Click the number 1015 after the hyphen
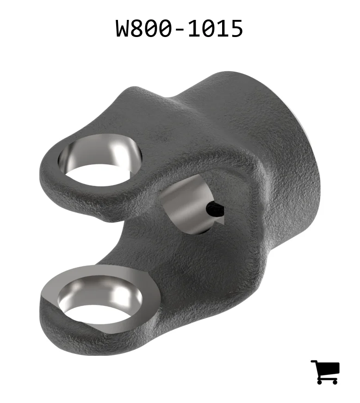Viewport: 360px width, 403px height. click(x=215, y=28)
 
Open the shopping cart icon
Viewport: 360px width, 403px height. click(x=325, y=372)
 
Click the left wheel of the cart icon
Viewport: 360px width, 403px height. click(x=320, y=382)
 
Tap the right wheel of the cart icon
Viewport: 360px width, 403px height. click(x=334, y=382)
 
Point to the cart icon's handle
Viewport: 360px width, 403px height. click(x=314, y=362)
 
